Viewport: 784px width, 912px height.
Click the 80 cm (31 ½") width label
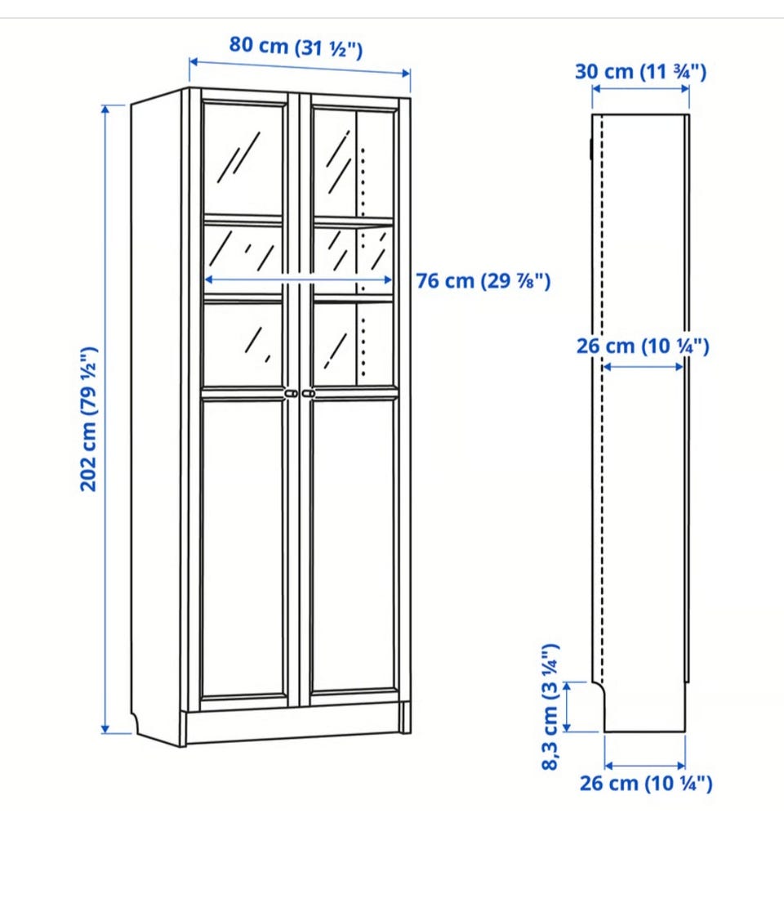point(296,47)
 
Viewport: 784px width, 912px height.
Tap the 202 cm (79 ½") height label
point(88,418)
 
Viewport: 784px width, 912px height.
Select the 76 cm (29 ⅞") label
point(483,281)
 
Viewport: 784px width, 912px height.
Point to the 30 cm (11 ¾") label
point(640,72)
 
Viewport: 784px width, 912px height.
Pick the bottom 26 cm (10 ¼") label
point(646,783)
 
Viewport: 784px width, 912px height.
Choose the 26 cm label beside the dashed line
point(643,346)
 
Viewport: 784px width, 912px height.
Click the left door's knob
point(292,394)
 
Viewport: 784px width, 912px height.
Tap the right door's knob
point(309,394)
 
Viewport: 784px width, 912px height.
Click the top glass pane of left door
point(243,159)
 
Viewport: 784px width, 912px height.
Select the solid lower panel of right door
point(354,546)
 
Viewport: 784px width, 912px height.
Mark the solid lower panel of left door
point(243,547)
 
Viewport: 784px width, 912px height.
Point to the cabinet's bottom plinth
point(293,724)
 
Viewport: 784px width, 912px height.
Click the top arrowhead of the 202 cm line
point(105,110)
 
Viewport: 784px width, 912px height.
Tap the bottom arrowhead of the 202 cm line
point(105,729)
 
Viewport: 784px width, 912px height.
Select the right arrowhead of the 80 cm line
point(406,73)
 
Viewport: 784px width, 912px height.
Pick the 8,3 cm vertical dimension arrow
point(568,707)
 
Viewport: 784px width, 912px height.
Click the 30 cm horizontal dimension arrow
point(640,89)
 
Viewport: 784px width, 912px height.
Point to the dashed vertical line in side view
point(602,399)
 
